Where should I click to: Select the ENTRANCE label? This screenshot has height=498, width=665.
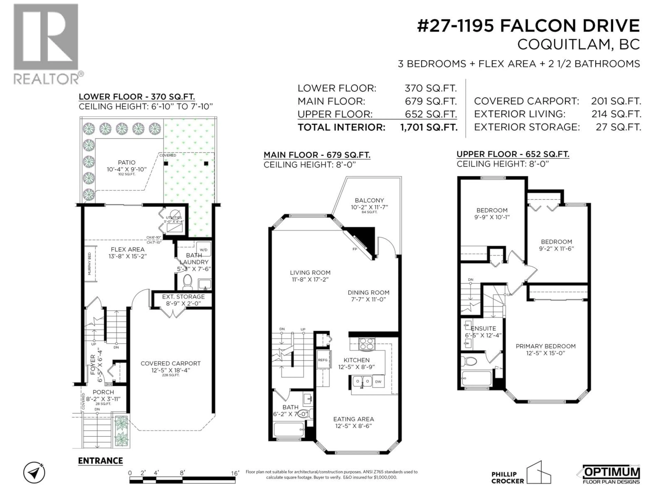pyautogui.click(x=100, y=461)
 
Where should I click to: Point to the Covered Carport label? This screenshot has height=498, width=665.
pyautogui.click(x=170, y=363)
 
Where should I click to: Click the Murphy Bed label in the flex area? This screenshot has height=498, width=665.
pyautogui.click(x=90, y=264)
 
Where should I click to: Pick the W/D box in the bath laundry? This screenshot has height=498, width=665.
pyautogui.click(x=203, y=250)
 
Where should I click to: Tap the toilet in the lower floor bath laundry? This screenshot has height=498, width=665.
pyautogui.click(x=188, y=281)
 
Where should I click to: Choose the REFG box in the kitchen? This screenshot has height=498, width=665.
pyautogui.click(x=323, y=360)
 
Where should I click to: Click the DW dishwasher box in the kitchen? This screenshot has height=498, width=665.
pyautogui.click(x=378, y=381)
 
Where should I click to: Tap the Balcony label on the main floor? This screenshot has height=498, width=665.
pyautogui.click(x=369, y=200)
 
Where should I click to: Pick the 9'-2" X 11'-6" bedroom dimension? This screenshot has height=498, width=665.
pyautogui.click(x=556, y=248)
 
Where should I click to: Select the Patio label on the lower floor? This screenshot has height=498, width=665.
pyautogui.click(x=127, y=162)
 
